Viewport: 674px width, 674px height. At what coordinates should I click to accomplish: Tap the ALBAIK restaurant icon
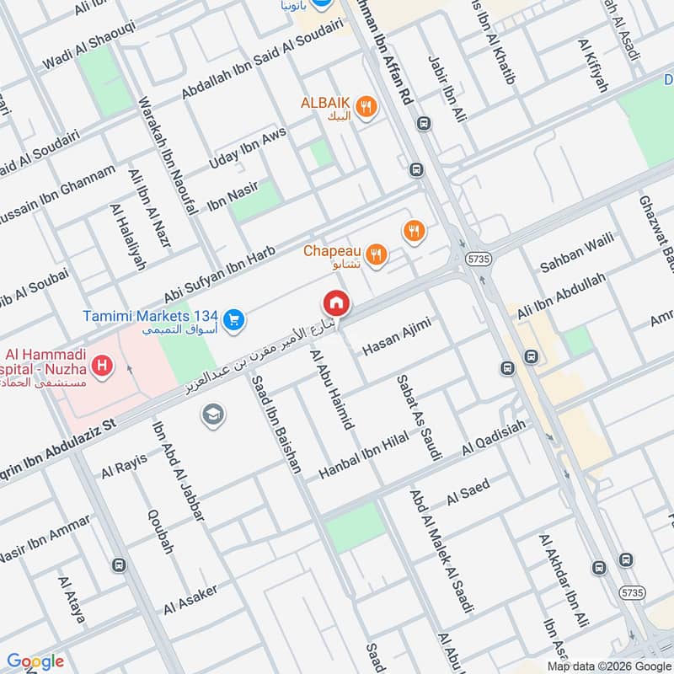coord(365,107)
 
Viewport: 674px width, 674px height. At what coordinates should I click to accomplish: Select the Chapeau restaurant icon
coord(377,253)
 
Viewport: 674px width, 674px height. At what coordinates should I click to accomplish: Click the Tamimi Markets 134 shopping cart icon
coord(234,318)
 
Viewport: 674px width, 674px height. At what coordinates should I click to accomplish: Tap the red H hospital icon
coord(103,366)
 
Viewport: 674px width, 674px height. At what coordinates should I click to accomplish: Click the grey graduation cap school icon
coord(212,414)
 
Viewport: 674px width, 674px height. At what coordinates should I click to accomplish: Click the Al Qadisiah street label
coord(493,437)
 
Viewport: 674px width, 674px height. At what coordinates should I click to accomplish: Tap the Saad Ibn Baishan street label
coord(275,426)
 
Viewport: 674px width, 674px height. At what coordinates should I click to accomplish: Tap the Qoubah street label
coord(160,531)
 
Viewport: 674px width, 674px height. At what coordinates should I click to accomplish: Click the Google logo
coord(35,661)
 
